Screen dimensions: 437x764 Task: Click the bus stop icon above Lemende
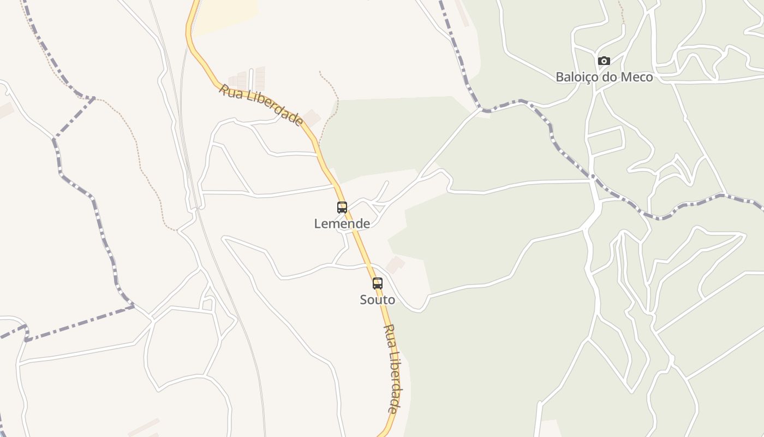[x=342, y=208]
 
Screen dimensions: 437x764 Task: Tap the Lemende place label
[x=342, y=223]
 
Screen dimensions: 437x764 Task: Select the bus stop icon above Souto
[x=378, y=283]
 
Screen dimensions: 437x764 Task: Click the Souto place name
[x=378, y=299]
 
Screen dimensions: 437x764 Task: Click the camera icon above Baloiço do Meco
[x=604, y=61]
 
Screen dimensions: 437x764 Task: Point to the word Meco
[x=636, y=77]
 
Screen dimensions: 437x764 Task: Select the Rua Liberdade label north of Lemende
[x=261, y=104]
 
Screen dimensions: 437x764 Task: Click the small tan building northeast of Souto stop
[x=395, y=265]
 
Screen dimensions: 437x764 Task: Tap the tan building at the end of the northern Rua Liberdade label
[x=312, y=116]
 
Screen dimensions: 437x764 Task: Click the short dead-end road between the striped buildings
[x=251, y=79]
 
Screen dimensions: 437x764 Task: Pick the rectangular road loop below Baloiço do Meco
[x=606, y=141]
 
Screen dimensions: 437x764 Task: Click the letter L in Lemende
[x=318, y=223]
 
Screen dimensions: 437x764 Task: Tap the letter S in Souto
[x=363, y=299]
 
